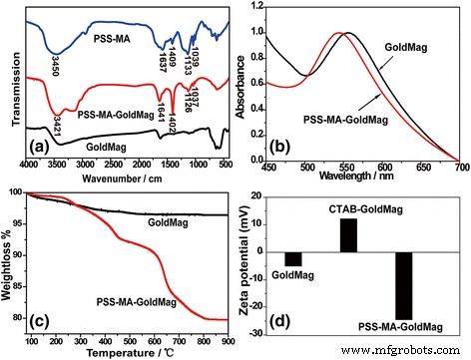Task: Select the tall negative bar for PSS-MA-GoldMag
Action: pyautogui.click(x=404, y=283)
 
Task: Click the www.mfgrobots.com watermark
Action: pyautogui.click(x=410, y=352)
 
